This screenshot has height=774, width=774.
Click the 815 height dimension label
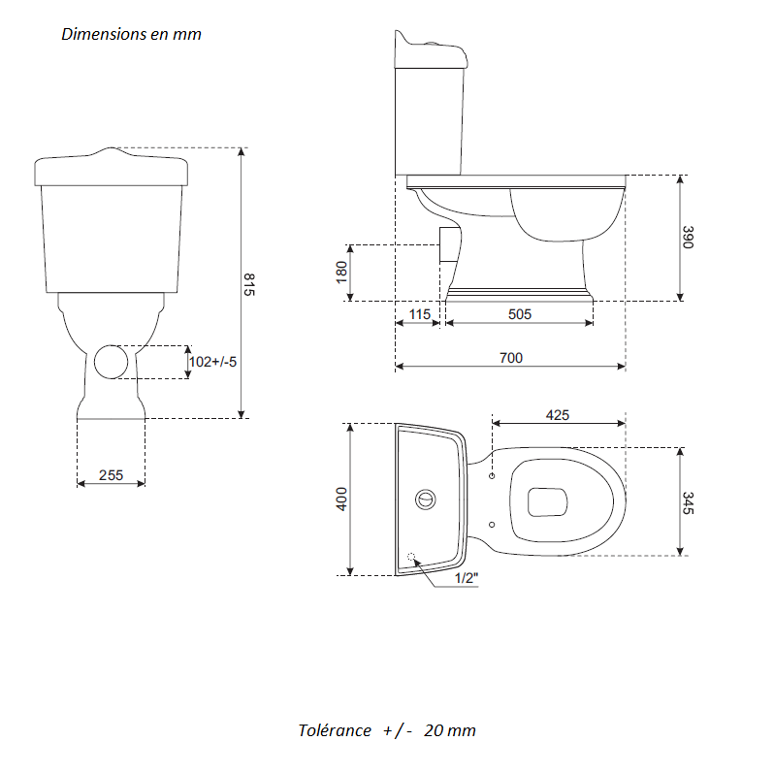(x=248, y=285)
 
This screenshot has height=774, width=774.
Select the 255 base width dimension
(x=112, y=475)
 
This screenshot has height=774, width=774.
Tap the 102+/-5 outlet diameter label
(x=212, y=362)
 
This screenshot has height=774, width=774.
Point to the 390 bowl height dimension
(x=688, y=239)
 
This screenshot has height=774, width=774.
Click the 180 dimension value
(x=341, y=273)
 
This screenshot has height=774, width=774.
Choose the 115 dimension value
(x=419, y=314)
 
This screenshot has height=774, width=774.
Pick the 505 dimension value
(x=519, y=314)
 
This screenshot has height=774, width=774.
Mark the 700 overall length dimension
(x=510, y=358)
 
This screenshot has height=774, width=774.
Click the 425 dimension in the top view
(x=557, y=414)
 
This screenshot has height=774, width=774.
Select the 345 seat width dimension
(x=688, y=502)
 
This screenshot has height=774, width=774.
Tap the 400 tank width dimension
(x=341, y=500)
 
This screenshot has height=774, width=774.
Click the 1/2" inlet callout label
(x=467, y=578)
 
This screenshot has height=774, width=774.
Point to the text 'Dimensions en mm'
(x=131, y=34)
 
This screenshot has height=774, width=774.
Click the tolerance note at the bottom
(x=387, y=730)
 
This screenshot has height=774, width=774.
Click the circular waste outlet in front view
(x=111, y=362)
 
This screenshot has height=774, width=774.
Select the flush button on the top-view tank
(x=425, y=500)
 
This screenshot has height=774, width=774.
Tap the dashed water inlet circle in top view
(x=413, y=558)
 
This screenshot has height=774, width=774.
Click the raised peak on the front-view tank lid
(x=114, y=151)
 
